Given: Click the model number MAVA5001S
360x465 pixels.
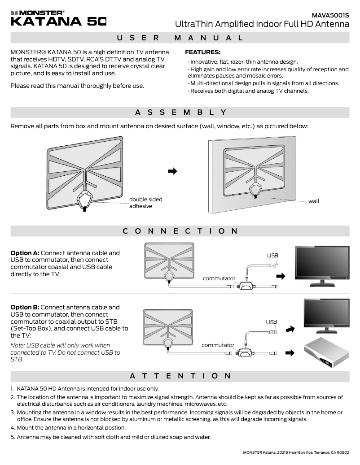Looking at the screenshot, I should (x=330, y=15).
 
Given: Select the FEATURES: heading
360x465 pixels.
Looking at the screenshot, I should (x=202, y=52).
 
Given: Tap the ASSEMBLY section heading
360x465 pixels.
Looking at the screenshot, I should (x=180, y=112).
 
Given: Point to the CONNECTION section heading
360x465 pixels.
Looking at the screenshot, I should (x=180, y=231).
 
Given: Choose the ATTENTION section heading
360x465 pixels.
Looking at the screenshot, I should (x=180, y=375).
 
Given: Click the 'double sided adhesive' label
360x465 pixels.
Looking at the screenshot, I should (x=145, y=203).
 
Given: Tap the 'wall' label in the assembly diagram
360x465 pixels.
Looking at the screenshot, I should (x=314, y=201).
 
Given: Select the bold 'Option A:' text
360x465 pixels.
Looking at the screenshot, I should (x=25, y=253).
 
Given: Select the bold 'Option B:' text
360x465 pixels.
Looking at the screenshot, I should (x=25, y=307).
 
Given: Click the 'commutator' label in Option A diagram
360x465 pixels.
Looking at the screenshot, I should (x=219, y=278).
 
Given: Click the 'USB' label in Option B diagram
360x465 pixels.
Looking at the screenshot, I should (x=271, y=322).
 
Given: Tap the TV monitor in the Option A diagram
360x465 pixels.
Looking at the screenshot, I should (x=321, y=266).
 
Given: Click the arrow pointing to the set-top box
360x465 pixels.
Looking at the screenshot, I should (x=290, y=353).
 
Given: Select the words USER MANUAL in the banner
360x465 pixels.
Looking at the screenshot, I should (x=180, y=38).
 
